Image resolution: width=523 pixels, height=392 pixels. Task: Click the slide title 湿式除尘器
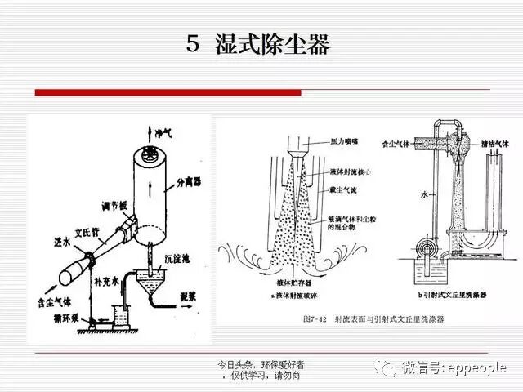pos(272,44)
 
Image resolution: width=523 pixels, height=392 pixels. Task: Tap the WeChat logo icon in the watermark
pos(386,367)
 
